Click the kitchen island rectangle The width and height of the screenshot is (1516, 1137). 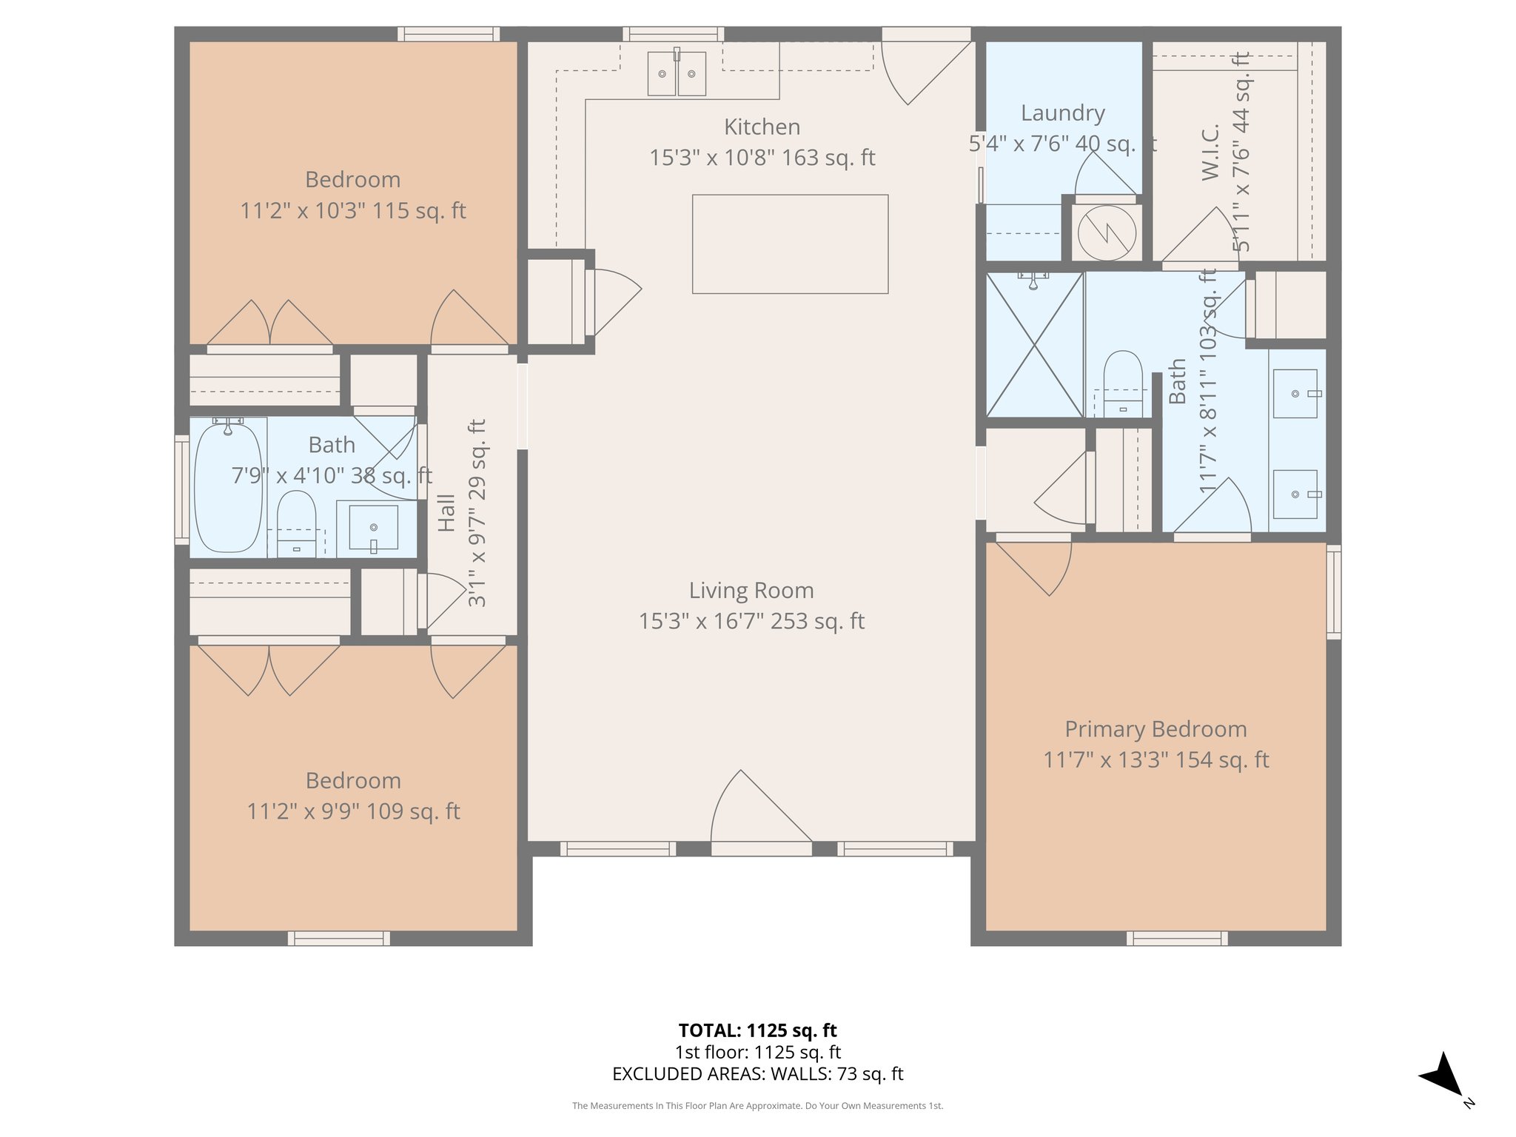tap(790, 244)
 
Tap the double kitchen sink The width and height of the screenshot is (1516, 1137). tap(677, 74)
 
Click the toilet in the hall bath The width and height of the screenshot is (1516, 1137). tap(296, 523)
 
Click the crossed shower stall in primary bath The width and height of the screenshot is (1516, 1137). tap(1034, 345)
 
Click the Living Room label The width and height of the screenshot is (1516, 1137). tap(751, 591)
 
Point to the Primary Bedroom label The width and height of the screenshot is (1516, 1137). tap(1156, 729)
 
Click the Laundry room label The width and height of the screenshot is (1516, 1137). tap(1063, 113)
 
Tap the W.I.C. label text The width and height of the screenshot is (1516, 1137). tap(1210, 152)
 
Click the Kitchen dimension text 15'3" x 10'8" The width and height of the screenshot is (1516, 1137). tap(762, 158)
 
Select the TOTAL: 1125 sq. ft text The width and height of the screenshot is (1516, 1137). tap(757, 1030)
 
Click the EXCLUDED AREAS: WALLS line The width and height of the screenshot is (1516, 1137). tap(757, 1074)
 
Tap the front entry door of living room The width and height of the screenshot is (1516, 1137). tap(761, 814)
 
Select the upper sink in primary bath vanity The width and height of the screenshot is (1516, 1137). tap(1295, 394)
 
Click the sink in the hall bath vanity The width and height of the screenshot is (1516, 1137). tap(374, 528)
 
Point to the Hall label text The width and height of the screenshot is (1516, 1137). tap(446, 513)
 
